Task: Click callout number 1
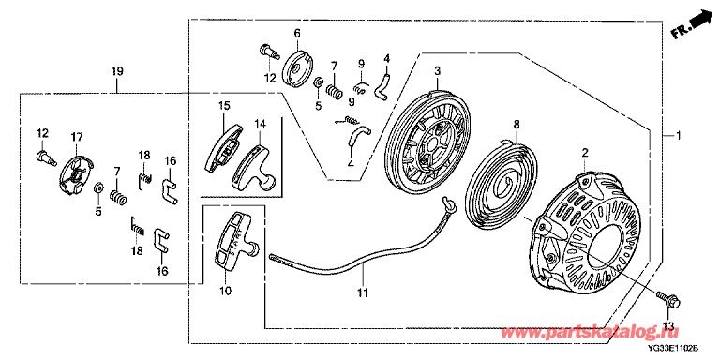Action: click(678, 136)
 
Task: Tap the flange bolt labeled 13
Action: click(668, 300)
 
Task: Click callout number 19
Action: click(116, 71)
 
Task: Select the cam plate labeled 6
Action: click(295, 67)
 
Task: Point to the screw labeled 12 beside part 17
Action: click(47, 156)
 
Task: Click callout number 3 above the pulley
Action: click(437, 71)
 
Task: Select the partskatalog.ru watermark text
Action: click(590, 332)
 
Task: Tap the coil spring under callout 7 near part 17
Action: click(118, 199)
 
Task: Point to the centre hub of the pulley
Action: click(432, 144)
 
